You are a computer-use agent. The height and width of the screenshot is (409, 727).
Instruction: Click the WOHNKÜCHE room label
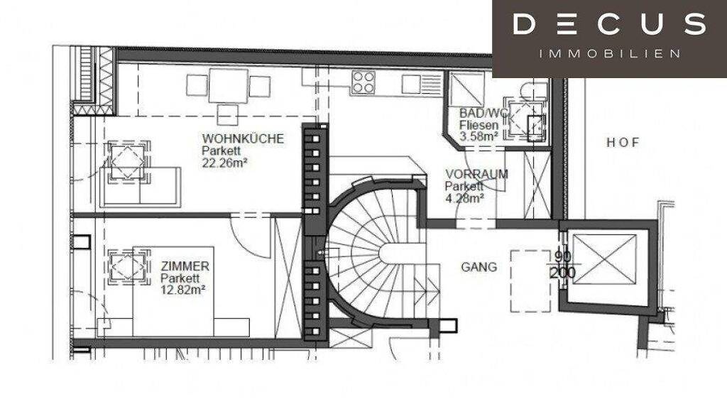[x=243, y=138]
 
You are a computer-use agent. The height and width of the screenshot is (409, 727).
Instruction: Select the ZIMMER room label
[x=185, y=266]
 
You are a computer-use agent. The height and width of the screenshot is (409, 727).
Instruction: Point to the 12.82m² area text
[x=182, y=290]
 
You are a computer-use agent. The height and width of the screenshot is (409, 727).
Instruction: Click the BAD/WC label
[x=483, y=113]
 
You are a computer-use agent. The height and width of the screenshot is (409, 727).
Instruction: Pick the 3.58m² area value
[x=479, y=137]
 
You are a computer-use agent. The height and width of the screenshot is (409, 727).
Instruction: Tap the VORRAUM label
[x=476, y=175]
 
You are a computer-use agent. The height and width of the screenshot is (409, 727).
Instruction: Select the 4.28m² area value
[x=464, y=199]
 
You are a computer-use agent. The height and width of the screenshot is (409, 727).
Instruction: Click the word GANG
[x=479, y=267]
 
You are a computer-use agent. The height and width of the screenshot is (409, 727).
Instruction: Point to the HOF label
[x=623, y=142]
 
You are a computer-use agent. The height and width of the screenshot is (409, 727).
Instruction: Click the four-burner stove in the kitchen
[x=363, y=82]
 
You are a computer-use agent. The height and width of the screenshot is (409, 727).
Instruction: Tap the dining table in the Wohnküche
[x=228, y=86]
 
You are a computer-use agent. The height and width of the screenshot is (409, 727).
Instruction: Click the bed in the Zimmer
[x=173, y=291]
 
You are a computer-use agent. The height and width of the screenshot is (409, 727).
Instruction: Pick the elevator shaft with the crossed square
[x=605, y=258]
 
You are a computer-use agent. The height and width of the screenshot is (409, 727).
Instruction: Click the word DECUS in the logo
[x=609, y=23]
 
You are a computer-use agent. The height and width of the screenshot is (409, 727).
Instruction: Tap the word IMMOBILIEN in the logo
[x=610, y=54]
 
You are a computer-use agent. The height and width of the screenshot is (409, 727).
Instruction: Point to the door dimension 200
[x=563, y=272]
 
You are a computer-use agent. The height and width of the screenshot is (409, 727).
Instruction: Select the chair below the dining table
[x=228, y=114]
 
